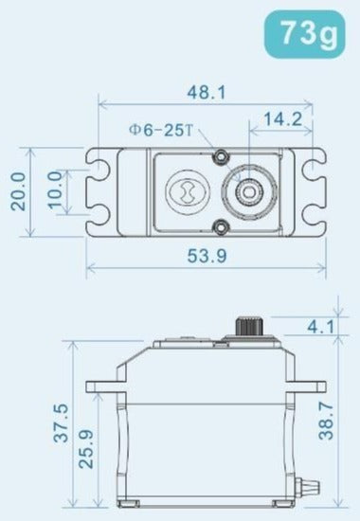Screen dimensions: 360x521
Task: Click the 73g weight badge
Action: click(304, 34)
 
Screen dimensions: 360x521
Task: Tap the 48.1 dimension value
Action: click(207, 92)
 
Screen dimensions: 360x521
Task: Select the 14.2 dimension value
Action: click(282, 118)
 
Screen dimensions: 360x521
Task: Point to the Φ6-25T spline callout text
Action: click(160, 131)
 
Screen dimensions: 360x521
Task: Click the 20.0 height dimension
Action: click(18, 191)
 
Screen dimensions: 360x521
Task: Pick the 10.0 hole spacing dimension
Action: click(56, 189)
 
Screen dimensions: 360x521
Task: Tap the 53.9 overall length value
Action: click(207, 256)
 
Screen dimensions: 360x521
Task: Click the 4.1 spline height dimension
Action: click(320, 327)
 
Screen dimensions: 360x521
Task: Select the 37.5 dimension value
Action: click(62, 423)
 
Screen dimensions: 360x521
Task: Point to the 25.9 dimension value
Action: click(86, 449)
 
